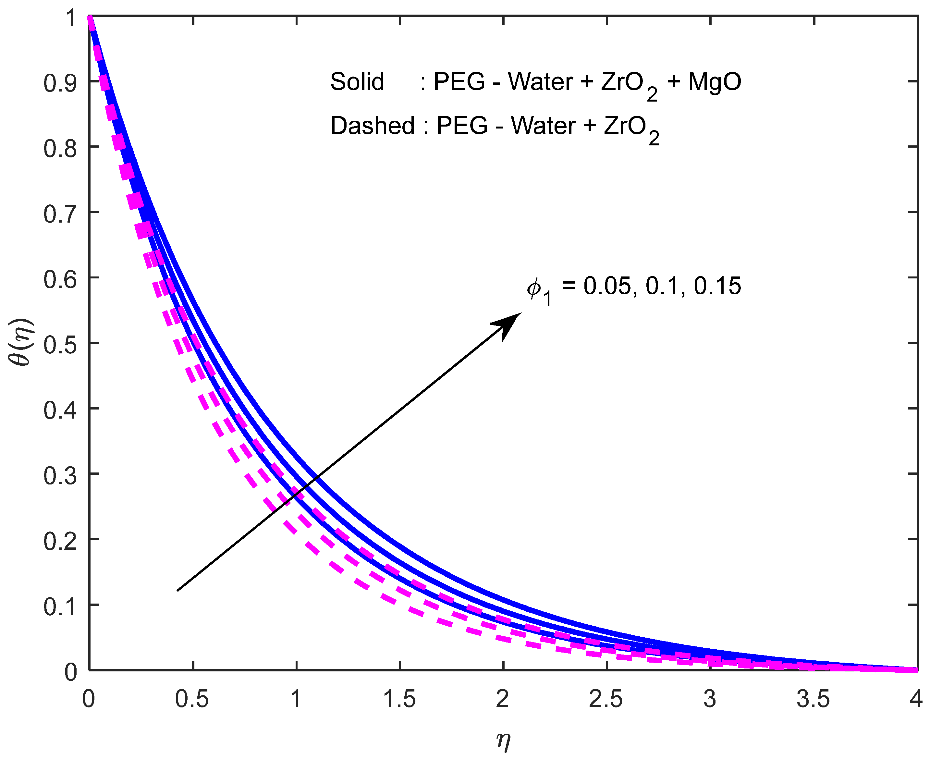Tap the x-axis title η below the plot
coord(503,740)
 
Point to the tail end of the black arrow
coord(178,590)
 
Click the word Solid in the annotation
coord(357,82)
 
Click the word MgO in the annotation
coord(715,82)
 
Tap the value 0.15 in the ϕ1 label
coord(717,287)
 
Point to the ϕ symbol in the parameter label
coord(534,288)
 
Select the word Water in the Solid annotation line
coord(540,82)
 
